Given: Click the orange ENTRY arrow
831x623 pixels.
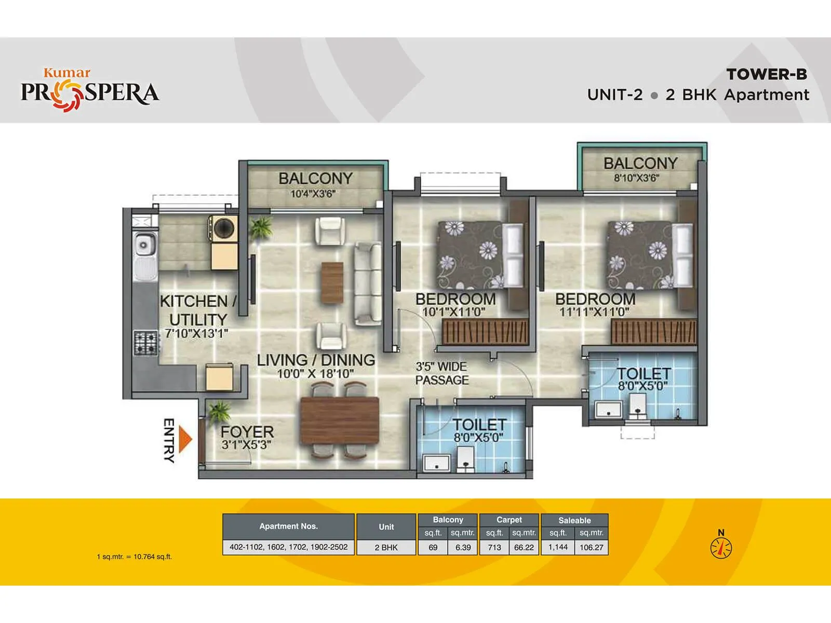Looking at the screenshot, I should pyautogui.click(x=185, y=439).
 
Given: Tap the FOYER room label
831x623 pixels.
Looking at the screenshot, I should pyautogui.click(x=247, y=432).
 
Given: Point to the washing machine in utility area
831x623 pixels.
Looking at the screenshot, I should pyautogui.click(x=224, y=228).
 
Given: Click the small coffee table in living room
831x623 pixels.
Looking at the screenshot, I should pyautogui.click(x=332, y=282).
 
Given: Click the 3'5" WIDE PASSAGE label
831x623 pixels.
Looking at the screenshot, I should pyautogui.click(x=441, y=373).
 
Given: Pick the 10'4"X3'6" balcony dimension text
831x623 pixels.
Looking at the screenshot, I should pyautogui.click(x=313, y=194).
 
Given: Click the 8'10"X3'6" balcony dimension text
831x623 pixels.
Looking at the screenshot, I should pyautogui.click(x=636, y=178).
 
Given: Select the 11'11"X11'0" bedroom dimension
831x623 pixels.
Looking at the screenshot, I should pyautogui.click(x=594, y=312).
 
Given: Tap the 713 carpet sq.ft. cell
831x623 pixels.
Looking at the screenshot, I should pyautogui.click(x=494, y=547).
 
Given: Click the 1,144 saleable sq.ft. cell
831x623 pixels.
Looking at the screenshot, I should pyautogui.click(x=558, y=547).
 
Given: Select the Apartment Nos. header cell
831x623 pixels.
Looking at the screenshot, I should pyautogui.click(x=288, y=526).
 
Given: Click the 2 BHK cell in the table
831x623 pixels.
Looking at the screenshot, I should pyautogui.click(x=386, y=547).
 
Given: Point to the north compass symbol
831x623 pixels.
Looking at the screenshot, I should pyautogui.click(x=721, y=547).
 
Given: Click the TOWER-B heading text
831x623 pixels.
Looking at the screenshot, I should pyautogui.click(x=767, y=74).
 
